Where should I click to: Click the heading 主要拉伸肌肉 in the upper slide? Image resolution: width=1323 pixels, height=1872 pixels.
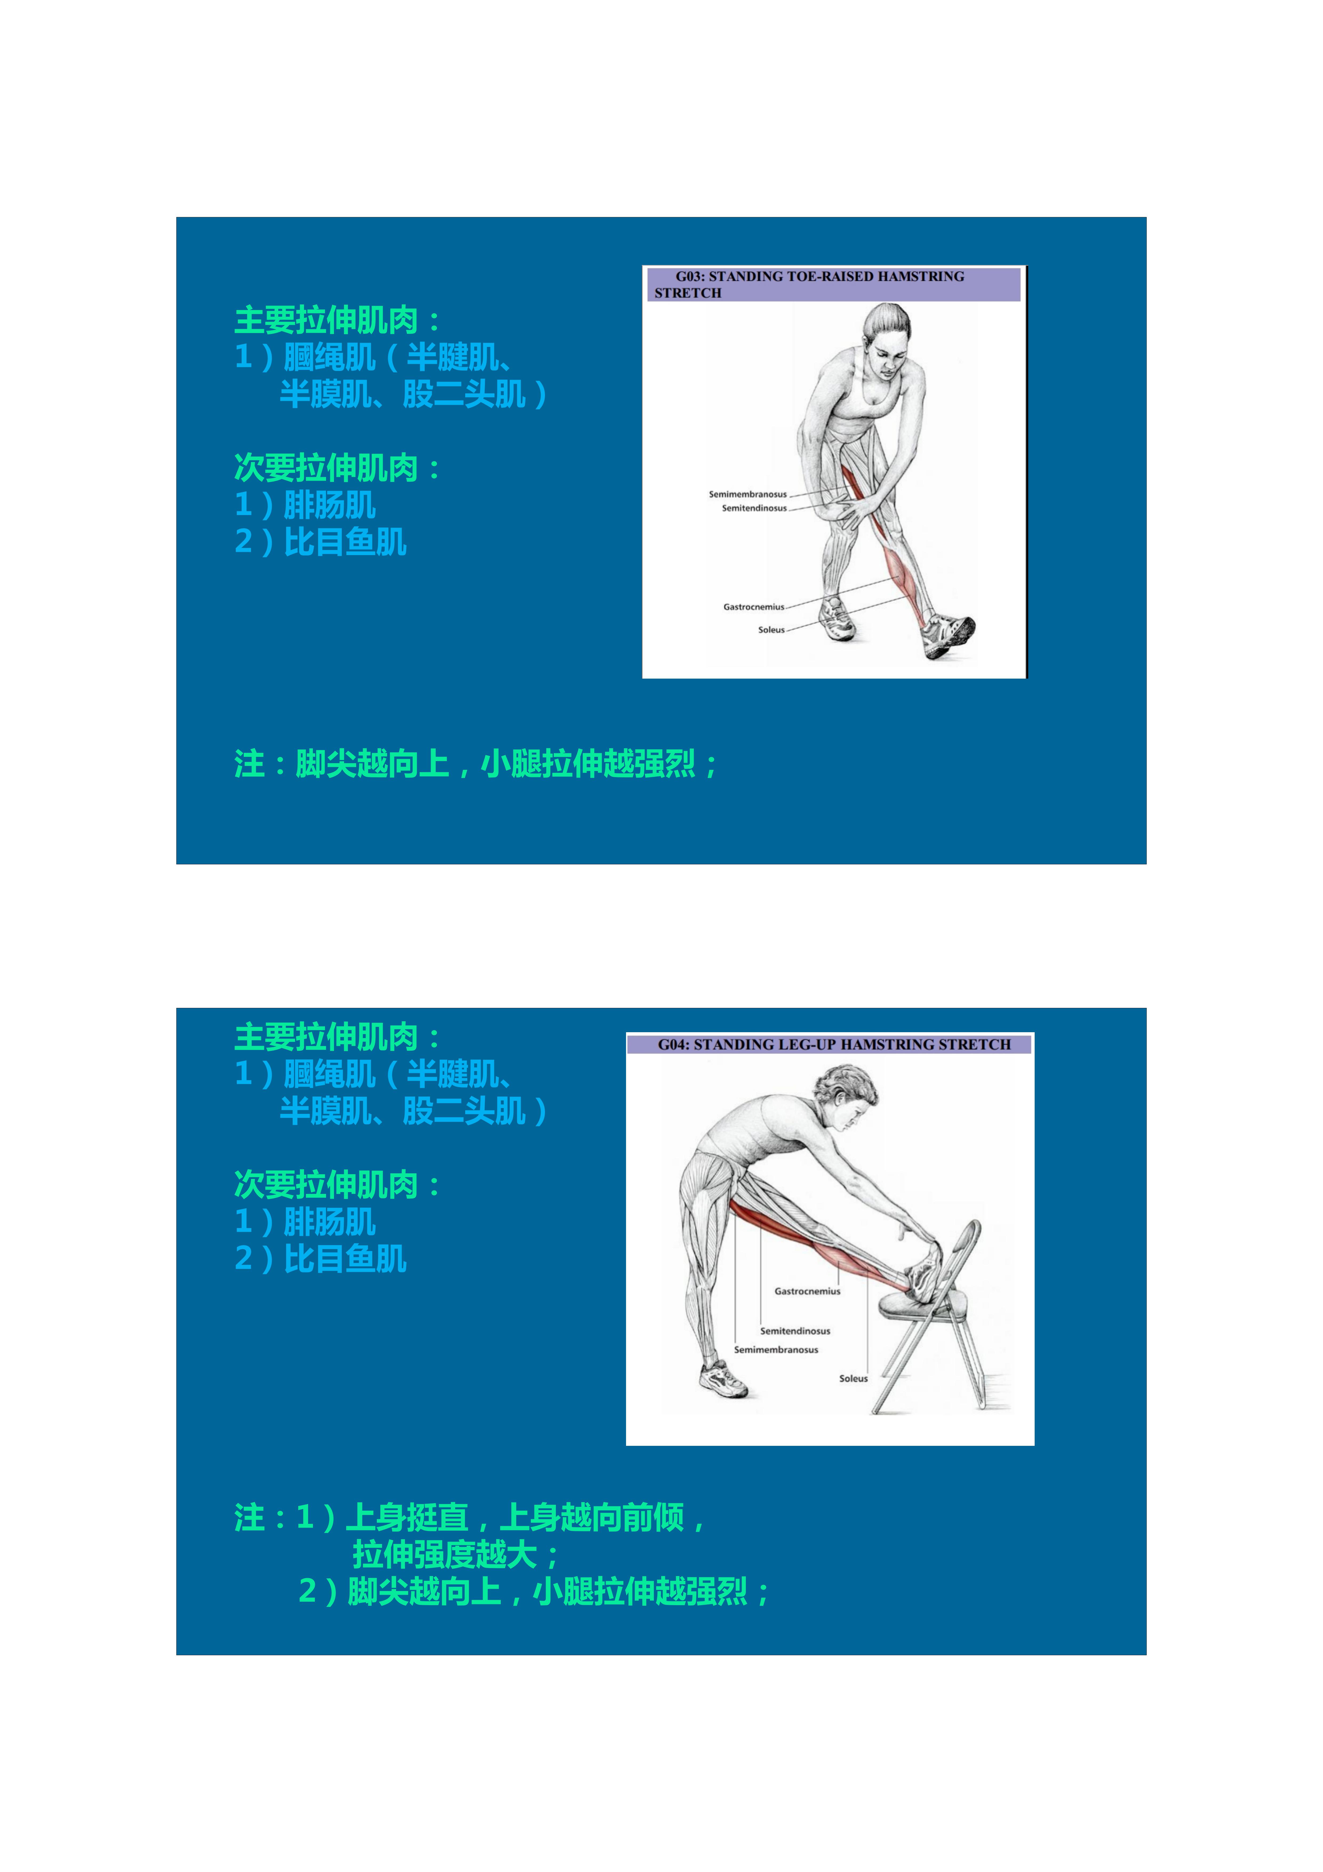(x=326, y=320)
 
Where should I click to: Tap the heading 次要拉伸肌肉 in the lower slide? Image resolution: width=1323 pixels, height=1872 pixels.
(x=326, y=1185)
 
